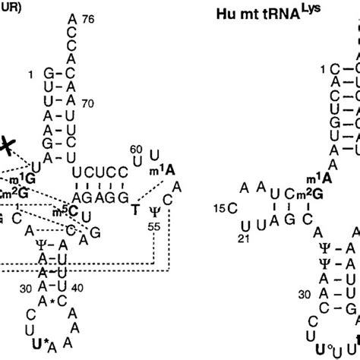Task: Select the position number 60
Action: pyautogui.click(x=137, y=149)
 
